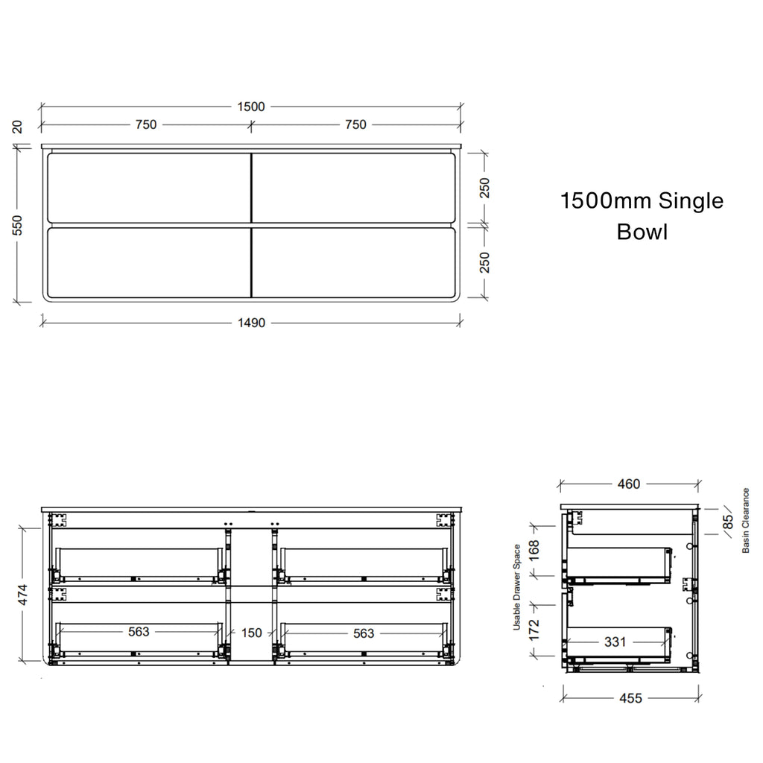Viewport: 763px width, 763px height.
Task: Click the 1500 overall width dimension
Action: (x=251, y=107)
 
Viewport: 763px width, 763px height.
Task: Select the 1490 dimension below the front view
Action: (x=251, y=323)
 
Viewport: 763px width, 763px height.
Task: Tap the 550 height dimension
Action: (x=17, y=225)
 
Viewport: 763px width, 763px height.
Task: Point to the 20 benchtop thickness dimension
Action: (x=17, y=127)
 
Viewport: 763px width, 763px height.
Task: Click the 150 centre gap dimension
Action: (x=252, y=633)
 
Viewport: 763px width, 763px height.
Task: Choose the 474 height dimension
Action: (x=23, y=595)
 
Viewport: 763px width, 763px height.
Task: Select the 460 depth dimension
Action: (x=629, y=484)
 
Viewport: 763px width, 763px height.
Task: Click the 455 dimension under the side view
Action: (x=630, y=698)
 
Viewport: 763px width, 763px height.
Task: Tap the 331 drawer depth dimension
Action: (x=615, y=642)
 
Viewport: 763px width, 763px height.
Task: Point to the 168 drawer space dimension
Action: (x=534, y=551)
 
